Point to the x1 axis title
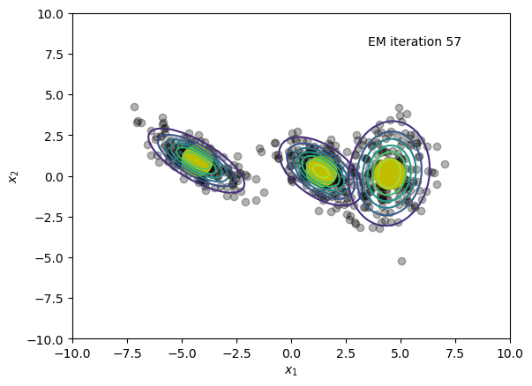(x=291, y=371)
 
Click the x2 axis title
(x=13, y=176)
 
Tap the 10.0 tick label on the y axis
(x=50, y=14)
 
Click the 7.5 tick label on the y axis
(x=55, y=55)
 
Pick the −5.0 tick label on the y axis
(x=49, y=258)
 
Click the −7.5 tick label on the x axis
(x=127, y=353)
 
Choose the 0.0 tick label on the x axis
(x=291, y=353)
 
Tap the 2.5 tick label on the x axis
(x=346, y=353)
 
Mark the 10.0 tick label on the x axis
(x=510, y=353)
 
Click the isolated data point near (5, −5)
(x=401, y=261)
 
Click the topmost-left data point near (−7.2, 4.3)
(x=134, y=108)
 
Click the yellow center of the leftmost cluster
(x=197, y=161)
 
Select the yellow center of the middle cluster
(x=320, y=170)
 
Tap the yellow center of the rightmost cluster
(x=389, y=174)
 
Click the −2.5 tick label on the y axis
(x=49, y=218)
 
